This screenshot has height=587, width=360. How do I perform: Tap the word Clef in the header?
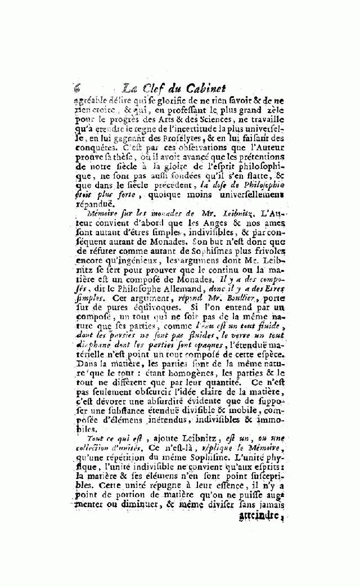coord(156,88)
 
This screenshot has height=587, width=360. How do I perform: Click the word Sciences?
coord(213,119)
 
